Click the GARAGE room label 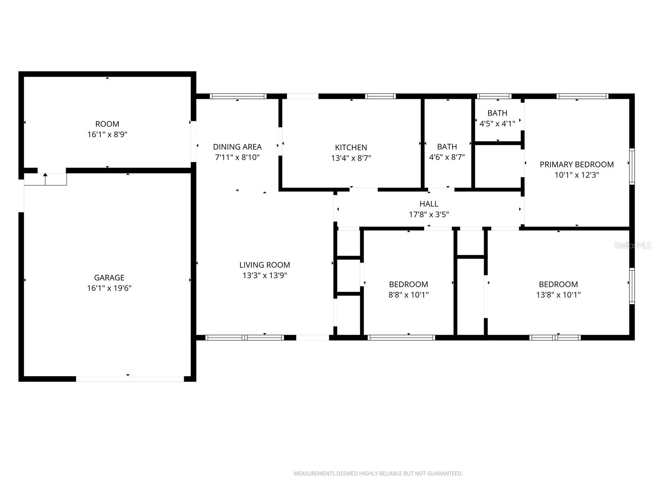click(x=109, y=278)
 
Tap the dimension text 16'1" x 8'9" click(x=107, y=134)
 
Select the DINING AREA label click(x=237, y=147)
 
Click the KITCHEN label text click(x=351, y=147)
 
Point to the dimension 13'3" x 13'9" click(x=264, y=275)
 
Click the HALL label click(x=429, y=204)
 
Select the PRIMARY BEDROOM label click(x=576, y=164)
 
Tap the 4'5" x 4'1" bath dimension click(x=497, y=123)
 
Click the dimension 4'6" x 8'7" click(x=447, y=157)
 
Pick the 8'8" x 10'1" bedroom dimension click(x=408, y=295)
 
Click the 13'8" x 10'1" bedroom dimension click(x=558, y=295)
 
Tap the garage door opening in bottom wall click(x=130, y=379)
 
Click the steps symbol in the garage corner click(x=45, y=179)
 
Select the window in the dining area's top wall click(x=238, y=96)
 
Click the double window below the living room click(x=244, y=338)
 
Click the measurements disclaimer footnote click(x=378, y=474)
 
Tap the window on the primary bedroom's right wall click(x=632, y=166)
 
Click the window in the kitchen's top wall click(x=380, y=96)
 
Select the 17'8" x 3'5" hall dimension click(x=429, y=214)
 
